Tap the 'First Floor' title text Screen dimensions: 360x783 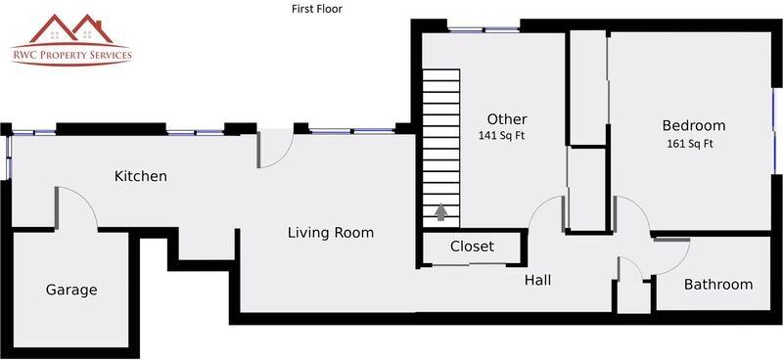(x=316, y=9)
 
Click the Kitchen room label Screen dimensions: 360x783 (x=141, y=176)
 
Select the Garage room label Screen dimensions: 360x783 (x=71, y=290)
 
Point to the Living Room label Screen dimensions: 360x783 (x=330, y=233)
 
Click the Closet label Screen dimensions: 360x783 (x=472, y=247)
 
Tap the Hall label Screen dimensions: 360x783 (x=537, y=280)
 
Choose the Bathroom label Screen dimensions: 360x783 (x=717, y=285)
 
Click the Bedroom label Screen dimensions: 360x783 (x=693, y=125)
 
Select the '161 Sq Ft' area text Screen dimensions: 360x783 (x=689, y=144)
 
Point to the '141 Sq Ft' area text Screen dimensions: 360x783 (x=501, y=136)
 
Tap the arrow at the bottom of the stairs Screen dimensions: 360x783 (x=440, y=211)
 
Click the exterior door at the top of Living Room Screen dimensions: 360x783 (x=275, y=149)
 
